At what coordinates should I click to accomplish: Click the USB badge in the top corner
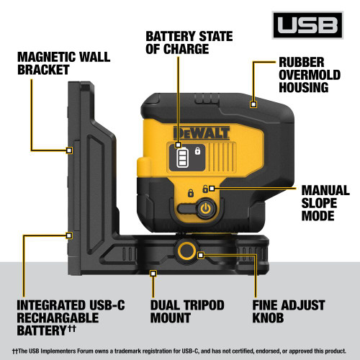[310, 27]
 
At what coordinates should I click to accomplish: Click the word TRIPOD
[201, 304]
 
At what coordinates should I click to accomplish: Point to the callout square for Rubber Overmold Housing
[253, 104]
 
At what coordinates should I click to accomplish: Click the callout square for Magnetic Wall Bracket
[69, 150]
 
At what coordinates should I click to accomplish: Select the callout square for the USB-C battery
[69, 235]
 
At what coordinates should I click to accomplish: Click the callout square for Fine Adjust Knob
[201, 255]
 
